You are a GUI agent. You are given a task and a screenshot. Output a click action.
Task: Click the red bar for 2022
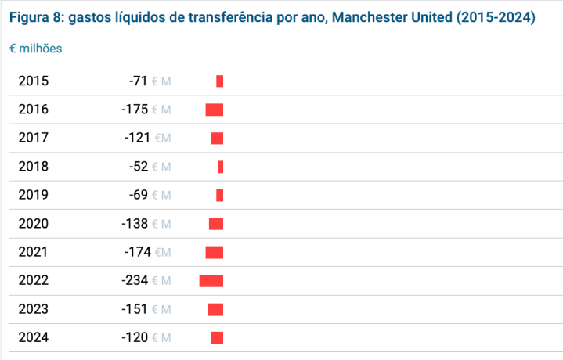coord(211,281)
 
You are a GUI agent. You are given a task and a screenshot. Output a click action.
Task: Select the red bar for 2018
coord(221,167)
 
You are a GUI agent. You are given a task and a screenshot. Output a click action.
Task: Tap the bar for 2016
coord(215,110)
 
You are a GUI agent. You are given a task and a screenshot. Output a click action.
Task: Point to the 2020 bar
coord(216,224)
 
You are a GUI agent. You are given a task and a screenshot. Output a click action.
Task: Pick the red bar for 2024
coord(217,338)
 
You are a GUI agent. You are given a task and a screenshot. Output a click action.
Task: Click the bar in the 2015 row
coord(220,81)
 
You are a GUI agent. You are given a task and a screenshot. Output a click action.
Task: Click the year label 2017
coord(34,138)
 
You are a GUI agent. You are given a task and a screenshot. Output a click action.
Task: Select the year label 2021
coord(33,252)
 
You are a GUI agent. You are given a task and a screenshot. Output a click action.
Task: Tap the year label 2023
coord(34,309)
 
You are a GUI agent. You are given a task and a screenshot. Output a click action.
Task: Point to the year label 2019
coord(34,195)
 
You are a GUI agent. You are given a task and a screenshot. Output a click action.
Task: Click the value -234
coord(135,280)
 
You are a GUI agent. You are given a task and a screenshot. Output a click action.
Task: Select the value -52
coord(139,167)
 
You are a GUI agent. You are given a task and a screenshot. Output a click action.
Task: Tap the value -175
coord(135,110)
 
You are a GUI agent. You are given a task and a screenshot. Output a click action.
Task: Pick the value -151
coord(134,309)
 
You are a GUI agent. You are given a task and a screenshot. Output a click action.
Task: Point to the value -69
coord(139,195)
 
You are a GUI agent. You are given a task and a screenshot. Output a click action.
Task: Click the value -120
coord(135,337)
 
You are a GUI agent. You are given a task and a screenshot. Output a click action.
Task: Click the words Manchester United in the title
coord(392,17)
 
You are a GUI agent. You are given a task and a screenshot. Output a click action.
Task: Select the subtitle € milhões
coord(35,49)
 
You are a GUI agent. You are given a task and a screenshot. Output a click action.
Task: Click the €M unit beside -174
coord(163,252)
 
